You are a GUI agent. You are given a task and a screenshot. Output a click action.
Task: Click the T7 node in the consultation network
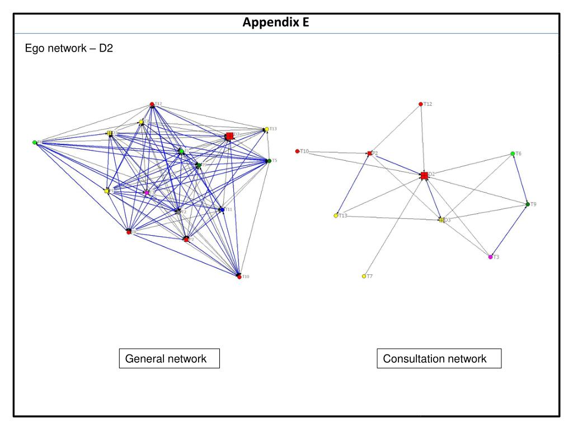click(x=364, y=276)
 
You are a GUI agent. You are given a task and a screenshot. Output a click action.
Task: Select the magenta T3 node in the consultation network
click(x=490, y=257)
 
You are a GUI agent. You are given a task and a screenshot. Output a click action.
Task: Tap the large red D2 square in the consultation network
click(x=424, y=176)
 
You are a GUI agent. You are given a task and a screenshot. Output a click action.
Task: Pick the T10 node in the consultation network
click(x=297, y=151)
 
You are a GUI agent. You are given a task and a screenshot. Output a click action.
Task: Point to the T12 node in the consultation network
click(x=421, y=104)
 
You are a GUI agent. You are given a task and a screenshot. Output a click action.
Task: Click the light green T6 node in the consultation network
click(x=513, y=153)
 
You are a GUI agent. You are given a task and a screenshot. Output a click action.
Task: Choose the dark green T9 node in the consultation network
click(x=528, y=204)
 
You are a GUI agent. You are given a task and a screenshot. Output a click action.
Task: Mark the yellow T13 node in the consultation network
click(x=336, y=216)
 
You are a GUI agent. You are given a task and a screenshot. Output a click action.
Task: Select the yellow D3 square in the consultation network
click(x=442, y=220)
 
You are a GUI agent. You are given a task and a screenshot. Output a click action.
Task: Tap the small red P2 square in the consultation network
click(x=369, y=153)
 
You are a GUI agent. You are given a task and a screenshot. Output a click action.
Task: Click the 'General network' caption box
click(x=169, y=359)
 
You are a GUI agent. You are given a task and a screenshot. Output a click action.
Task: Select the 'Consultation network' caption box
click(x=438, y=359)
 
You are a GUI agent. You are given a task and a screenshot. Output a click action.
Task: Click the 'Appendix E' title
click(x=275, y=23)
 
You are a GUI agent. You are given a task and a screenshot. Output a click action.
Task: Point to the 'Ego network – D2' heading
click(x=69, y=49)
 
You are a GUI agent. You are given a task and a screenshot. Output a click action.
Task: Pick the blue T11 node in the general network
click(x=222, y=209)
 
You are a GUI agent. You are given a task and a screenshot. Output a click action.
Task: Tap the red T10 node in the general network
click(x=239, y=277)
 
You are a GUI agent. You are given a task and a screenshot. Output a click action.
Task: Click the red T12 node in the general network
click(x=152, y=104)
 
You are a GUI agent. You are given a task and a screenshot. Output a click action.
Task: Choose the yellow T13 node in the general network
click(x=266, y=129)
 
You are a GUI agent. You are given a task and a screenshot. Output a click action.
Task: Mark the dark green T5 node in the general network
click(x=269, y=161)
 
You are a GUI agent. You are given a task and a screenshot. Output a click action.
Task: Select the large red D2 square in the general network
click(x=229, y=135)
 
